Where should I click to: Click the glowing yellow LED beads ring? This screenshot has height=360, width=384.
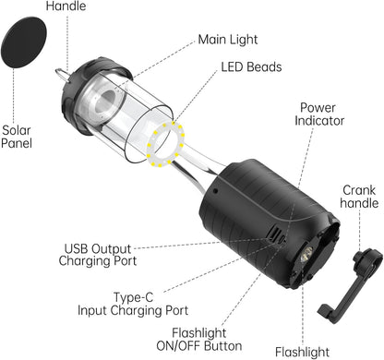(x=166, y=142)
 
